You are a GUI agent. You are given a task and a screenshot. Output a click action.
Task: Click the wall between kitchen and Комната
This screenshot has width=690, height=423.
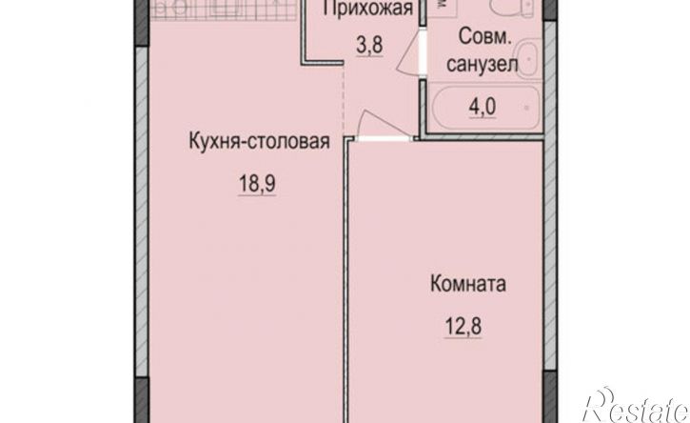(346, 286)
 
